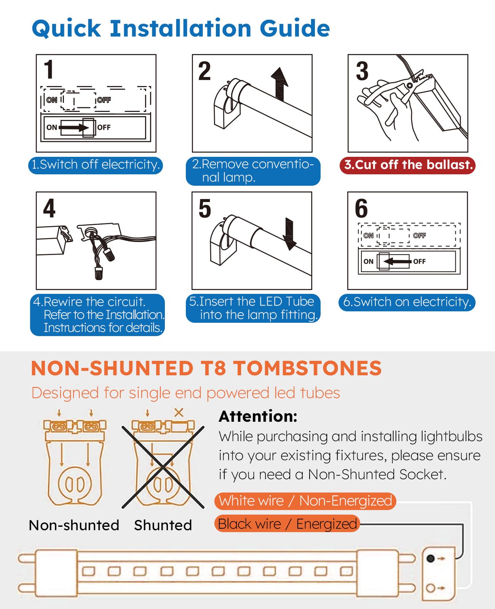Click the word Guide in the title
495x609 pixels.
(x=295, y=29)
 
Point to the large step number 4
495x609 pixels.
(x=49, y=208)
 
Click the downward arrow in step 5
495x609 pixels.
(x=289, y=234)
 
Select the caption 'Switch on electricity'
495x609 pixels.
(x=407, y=302)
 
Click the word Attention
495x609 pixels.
(x=258, y=416)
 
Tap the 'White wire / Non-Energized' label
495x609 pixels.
(x=305, y=501)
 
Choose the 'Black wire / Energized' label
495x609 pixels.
(x=287, y=524)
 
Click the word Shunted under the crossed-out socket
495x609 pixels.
(x=163, y=525)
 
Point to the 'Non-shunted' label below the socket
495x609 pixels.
(x=74, y=525)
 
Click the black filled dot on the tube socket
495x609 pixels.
(x=430, y=558)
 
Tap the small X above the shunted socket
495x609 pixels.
(x=179, y=413)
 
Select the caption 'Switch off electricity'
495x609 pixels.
(x=96, y=165)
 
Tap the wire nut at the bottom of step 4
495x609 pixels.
(x=99, y=273)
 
